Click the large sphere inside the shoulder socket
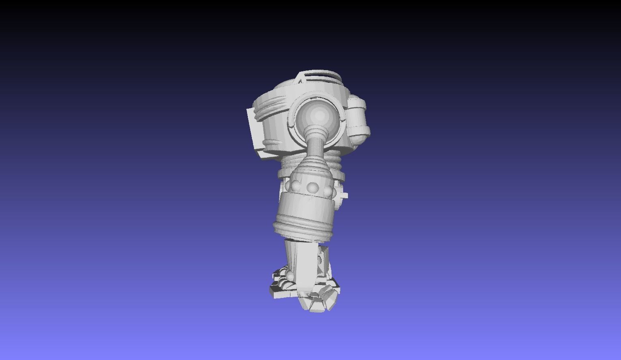pos(319,115)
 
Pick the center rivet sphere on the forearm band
pos(313,187)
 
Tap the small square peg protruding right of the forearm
pos(344,195)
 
